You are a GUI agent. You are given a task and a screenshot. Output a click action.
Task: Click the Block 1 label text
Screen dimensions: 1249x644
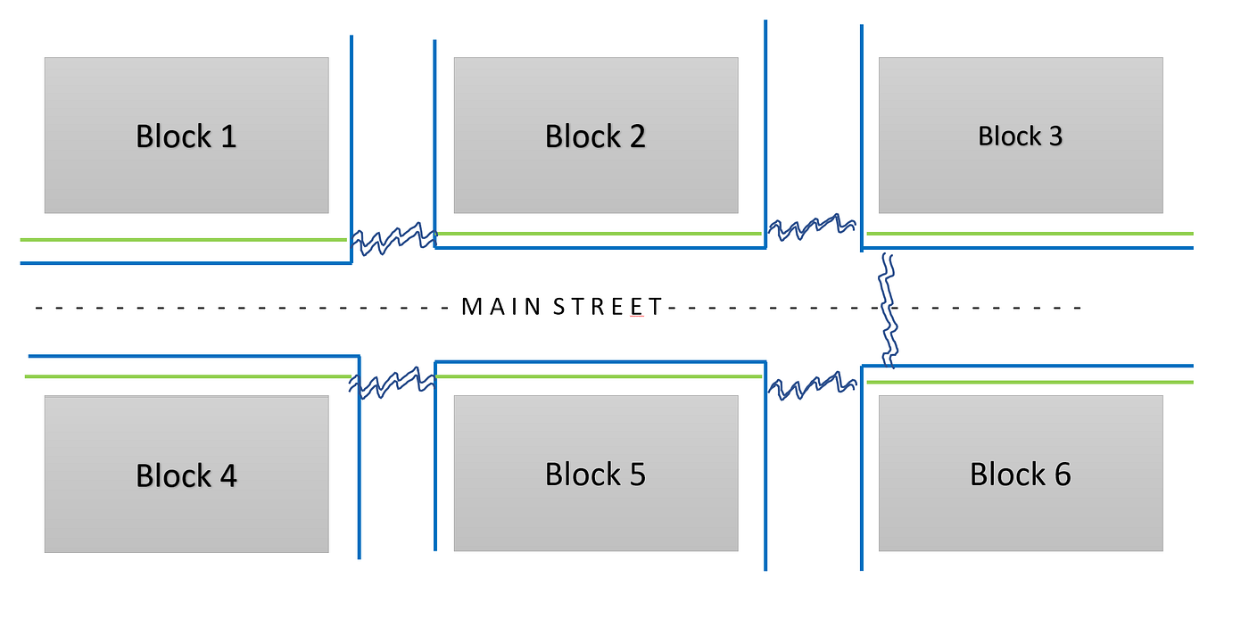(x=186, y=136)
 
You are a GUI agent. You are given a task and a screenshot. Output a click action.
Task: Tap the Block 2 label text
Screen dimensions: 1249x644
(x=596, y=136)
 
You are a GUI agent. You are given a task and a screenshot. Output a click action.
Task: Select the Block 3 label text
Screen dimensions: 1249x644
(x=1021, y=136)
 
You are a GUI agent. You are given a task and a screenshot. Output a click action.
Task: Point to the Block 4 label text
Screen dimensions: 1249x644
(x=186, y=475)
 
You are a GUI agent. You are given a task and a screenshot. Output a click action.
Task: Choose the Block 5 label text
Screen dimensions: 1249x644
(x=596, y=474)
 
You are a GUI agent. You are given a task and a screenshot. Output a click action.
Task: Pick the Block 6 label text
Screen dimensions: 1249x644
(x=1021, y=474)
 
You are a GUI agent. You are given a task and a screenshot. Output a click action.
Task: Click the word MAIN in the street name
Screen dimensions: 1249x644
(x=501, y=307)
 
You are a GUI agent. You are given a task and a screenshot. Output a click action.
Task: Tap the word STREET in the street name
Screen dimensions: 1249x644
(x=608, y=307)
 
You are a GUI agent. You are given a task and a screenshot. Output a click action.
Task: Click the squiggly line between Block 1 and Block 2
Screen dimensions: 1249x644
(x=393, y=239)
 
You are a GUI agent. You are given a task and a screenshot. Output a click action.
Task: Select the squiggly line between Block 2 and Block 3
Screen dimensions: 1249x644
(x=812, y=227)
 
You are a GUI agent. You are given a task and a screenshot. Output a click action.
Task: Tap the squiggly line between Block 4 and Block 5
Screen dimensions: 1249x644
(x=392, y=383)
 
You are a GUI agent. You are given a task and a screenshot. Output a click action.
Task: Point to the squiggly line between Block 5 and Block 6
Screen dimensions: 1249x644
(x=812, y=385)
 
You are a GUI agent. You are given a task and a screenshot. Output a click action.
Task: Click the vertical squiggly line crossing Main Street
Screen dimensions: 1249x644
(x=888, y=310)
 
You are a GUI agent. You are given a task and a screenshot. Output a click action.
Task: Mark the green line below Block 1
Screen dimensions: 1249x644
(x=184, y=240)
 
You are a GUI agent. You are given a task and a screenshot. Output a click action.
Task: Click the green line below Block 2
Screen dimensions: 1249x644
(x=599, y=234)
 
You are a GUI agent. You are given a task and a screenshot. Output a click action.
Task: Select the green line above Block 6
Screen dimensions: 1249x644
(x=1030, y=382)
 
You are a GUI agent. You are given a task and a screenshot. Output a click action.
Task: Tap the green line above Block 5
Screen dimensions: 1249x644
(x=599, y=376)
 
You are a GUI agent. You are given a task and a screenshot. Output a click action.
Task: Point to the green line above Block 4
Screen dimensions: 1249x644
(x=188, y=376)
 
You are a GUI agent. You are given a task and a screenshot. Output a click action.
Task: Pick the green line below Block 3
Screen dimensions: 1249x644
(x=1030, y=234)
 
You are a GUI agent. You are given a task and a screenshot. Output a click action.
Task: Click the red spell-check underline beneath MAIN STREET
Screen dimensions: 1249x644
(x=637, y=317)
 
